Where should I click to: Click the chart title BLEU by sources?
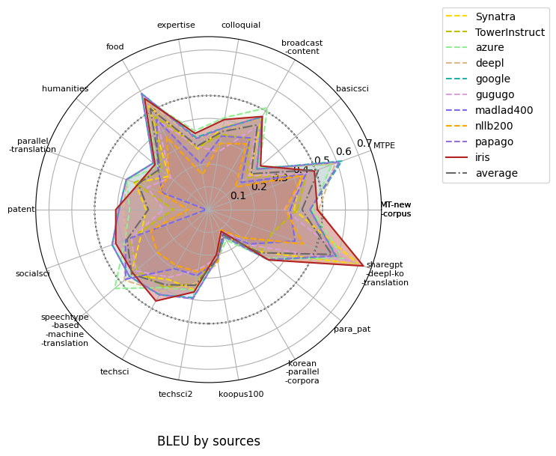(x=209, y=441)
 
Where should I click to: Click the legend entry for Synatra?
(x=495, y=16)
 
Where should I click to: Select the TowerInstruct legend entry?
(x=510, y=32)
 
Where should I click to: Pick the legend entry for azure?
(x=490, y=47)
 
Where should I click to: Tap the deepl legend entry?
(x=489, y=63)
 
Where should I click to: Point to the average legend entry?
(x=496, y=173)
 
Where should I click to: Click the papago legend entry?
(x=494, y=142)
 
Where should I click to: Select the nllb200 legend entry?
(x=494, y=126)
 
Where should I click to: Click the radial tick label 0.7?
(x=364, y=143)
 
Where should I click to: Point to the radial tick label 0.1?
(x=238, y=196)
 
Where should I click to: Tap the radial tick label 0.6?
(x=343, y=152)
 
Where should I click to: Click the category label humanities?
(x=65, y=89)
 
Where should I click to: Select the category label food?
(x=115, y=46)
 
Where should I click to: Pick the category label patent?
(x=21, y=210)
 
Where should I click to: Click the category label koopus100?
(x=241, y=394)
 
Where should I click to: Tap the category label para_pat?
(x=352, y=329)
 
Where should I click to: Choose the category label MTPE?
(x=384, y=145)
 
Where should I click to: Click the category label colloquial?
(x=241, y=25)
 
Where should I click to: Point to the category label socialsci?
(x=32, y=273)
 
